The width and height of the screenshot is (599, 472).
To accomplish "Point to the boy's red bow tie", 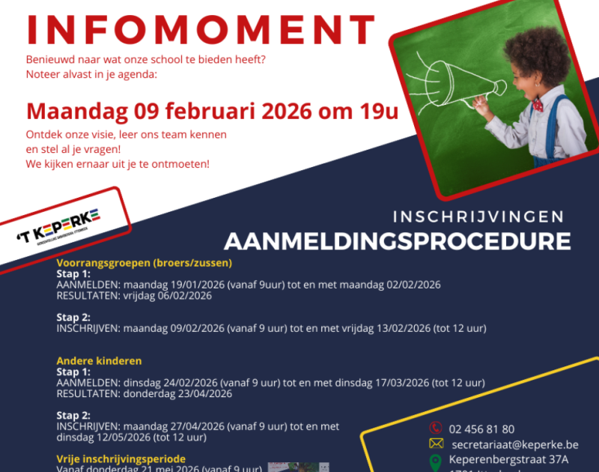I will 537,106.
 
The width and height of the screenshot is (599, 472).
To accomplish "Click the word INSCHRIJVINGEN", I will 478,217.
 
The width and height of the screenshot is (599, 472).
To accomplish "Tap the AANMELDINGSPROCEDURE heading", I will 397,241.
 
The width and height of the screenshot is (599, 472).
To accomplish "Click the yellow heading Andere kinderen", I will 99,361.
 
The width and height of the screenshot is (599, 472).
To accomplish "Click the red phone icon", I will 435,429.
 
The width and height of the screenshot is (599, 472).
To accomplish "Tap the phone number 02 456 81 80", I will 481,429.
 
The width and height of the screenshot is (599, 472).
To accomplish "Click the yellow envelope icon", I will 435,444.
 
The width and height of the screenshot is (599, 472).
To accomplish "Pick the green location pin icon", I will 435,461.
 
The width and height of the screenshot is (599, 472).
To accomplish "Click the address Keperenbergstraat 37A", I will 508,459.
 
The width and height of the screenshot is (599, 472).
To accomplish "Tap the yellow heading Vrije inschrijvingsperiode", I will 121,459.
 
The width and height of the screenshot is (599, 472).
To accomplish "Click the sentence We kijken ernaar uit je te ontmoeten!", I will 118,163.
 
